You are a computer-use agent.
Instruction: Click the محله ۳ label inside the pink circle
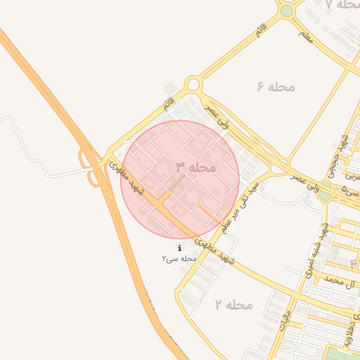tap(195, 167)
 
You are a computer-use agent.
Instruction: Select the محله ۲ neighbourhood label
tap(233, 304)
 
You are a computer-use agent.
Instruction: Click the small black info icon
tap(180, 248)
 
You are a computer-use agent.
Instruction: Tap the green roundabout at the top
tap(286, 11)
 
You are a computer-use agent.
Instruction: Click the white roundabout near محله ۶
tap(193, 85)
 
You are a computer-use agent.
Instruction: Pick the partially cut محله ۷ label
tap(344, 5)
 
